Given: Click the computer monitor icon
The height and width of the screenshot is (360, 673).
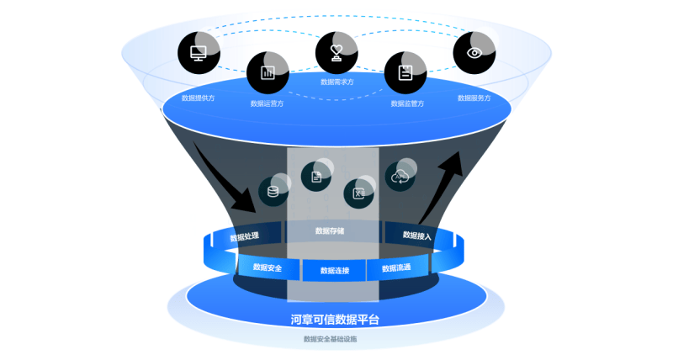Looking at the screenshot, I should click(x=199, y=54).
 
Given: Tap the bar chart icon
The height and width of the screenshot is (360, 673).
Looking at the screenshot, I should click(x=268, y=72).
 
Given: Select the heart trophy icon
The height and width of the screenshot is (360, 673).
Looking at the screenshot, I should click(x=336, y=52).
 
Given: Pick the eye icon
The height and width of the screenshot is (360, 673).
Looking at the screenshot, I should click(x=474, y=53).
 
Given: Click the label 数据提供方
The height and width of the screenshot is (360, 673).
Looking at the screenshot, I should click(x=198, y=98).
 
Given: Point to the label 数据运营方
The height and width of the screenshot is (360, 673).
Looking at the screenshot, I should click(x=267, y=104).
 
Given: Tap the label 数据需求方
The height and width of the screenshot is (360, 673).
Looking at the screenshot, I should click(x=336, y=82).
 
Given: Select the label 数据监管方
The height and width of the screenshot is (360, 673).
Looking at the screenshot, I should click(x=407, y=104).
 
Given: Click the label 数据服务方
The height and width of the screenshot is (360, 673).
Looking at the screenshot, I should click(x=474, y=98).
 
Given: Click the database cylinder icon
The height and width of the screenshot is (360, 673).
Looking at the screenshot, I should click(x=272, y=191).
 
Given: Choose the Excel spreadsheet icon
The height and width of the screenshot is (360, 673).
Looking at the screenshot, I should click(x=358, y=194).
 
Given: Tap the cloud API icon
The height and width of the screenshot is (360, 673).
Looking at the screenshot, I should click(x=400, y=176).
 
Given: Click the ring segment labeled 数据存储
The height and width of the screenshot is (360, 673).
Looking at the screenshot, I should click(x=330, y=230).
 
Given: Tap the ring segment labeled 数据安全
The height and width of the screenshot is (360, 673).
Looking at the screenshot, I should click(x=267, y=267).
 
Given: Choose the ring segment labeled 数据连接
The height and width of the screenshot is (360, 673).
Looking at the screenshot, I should click(x=335, y=271).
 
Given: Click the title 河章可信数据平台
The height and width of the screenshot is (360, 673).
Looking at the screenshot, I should click(x=335, y=320).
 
